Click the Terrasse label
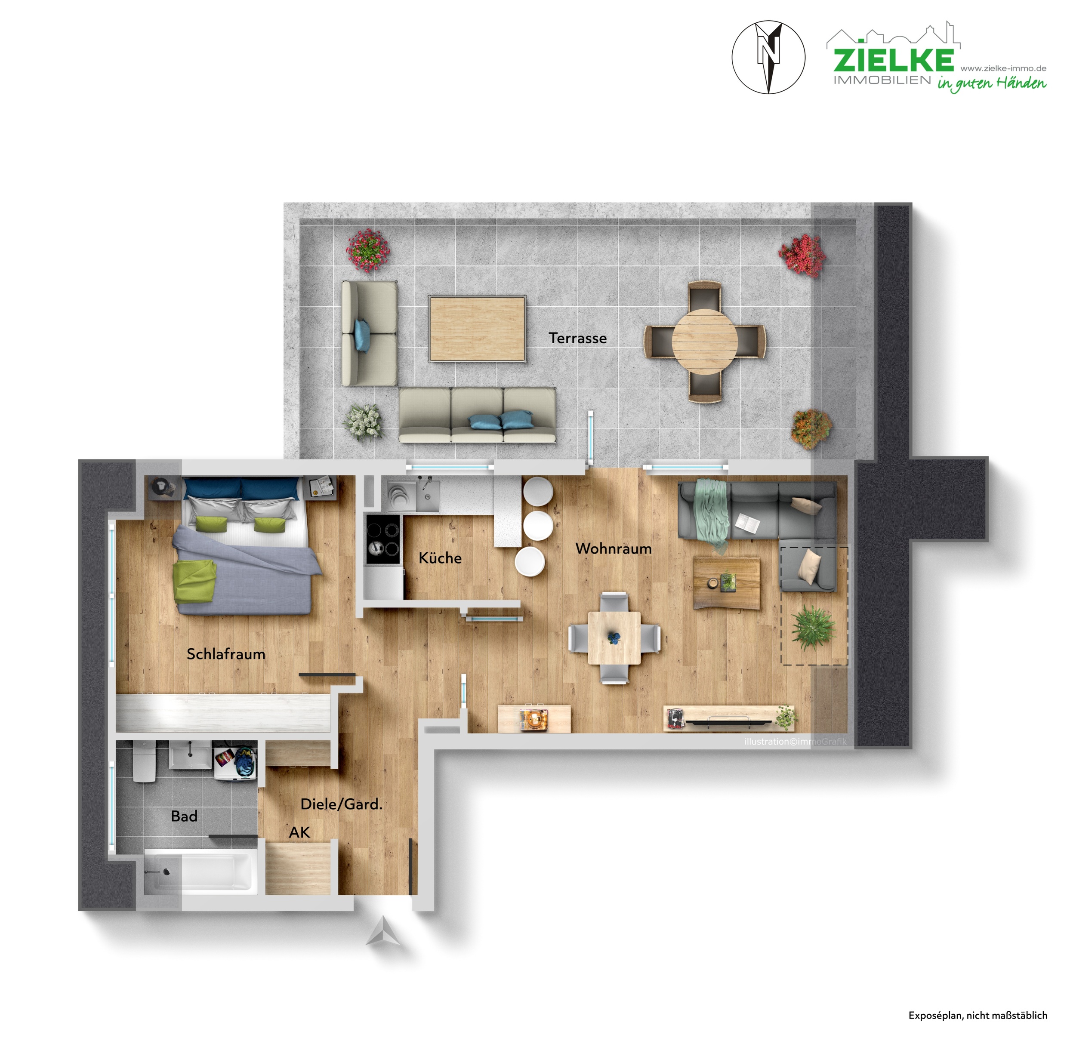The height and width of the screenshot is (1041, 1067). point(577,339)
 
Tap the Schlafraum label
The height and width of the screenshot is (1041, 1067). point(225,654)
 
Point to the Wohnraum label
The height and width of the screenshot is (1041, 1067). point(613,548)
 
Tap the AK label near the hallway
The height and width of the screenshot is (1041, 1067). point(299,832)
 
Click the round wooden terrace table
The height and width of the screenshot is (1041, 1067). point(704,342)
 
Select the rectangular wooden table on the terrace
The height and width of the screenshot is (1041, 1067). point(477,329)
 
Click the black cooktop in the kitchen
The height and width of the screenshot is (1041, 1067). point(382,539)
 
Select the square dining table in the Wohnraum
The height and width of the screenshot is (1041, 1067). point(614,638)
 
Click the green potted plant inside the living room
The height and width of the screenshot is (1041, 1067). point(813,628)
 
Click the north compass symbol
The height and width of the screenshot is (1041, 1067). point(768,57)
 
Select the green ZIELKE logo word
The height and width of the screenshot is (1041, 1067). point(893,60)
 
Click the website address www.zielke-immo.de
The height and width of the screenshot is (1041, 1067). point(1003,68)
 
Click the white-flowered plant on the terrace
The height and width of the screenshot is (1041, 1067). point(363,422)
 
